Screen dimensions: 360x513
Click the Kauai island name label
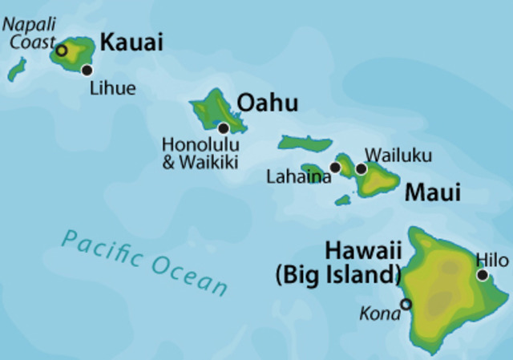(x=131, y=42)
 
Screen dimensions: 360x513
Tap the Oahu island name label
(x=269, y=103)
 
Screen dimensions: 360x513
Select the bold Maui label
(x=433, y=192)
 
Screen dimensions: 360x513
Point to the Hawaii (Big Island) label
(x=338, y=263)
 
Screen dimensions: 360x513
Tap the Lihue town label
(x=113, y=88)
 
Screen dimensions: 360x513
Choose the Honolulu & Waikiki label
(x=200, y=153)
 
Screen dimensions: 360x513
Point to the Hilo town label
(x=491, y=260)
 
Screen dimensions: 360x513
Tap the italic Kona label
(x=380, y=313)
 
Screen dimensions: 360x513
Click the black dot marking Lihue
(x=87, y=70)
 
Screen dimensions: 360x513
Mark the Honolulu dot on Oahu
(x=224, y=127)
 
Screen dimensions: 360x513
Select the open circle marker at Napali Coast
(x=62, y=50)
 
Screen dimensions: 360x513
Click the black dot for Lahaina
(x=335, y=167)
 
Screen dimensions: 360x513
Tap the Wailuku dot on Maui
(x=362, y=168)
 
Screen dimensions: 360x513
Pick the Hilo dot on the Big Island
(x=483, y=275)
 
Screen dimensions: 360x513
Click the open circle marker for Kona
(x=406, y=304)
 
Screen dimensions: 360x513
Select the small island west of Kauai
(x=16, y=70)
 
